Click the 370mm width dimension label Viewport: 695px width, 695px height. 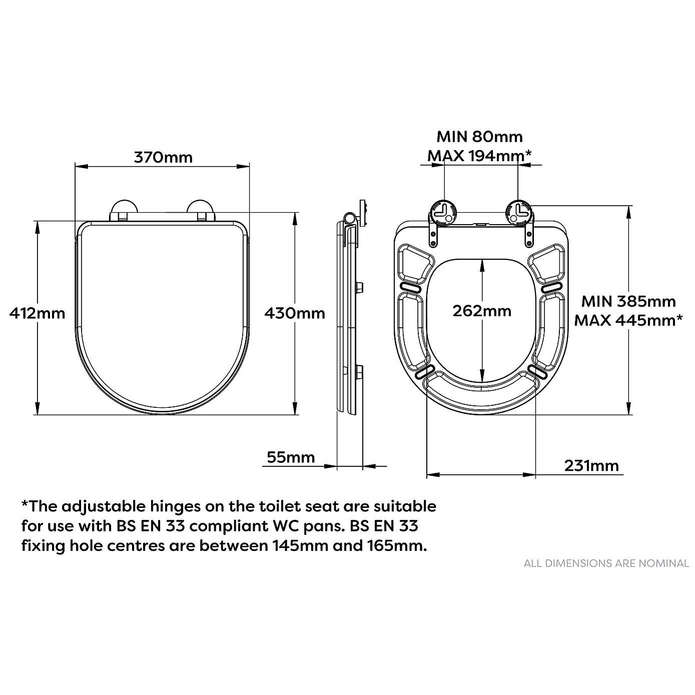(163, 158)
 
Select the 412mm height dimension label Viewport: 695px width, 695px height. (37, 313)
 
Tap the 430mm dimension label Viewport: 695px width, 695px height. (295, 313)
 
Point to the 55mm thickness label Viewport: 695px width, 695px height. (291, 457)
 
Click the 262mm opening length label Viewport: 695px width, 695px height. (482, 311)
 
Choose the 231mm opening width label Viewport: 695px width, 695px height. (591, 466)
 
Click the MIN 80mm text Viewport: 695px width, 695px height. (479, 137)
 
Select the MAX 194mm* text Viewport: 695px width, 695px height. (479, 156)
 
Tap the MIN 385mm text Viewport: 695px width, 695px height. (628, 302)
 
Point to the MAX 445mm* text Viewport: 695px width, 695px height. (628, 320)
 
